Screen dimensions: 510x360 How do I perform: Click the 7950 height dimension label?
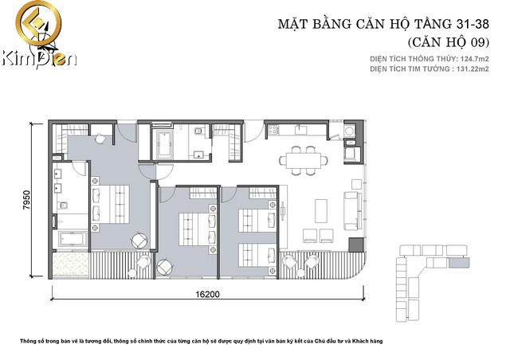26,200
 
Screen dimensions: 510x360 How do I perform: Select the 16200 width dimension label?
207,295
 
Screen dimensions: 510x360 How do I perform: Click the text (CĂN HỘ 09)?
448,42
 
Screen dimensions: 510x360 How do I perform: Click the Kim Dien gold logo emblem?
38,25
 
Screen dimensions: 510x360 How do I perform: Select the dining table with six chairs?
303,161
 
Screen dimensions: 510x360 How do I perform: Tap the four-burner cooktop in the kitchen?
273,130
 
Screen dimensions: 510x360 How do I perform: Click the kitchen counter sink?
301,130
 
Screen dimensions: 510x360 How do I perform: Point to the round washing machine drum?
350,131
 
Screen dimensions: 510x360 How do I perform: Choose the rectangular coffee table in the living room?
321,211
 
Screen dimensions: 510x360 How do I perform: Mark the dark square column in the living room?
356,245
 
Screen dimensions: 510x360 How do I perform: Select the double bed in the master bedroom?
111,204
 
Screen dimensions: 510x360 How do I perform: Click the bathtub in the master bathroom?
73,239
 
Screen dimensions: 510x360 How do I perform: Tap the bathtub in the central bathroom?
165,144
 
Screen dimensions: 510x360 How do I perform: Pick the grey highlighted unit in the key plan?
459,262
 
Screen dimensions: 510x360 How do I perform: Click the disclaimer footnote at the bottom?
202,341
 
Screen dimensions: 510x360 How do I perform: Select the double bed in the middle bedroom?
197,229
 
